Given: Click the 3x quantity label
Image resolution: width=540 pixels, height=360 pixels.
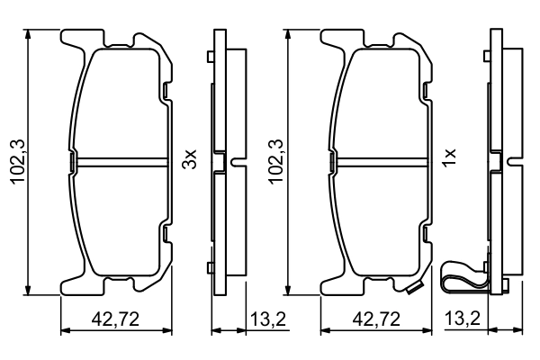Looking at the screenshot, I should (x=189, y=161).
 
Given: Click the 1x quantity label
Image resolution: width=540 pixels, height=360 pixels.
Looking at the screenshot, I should (x=451, y=161).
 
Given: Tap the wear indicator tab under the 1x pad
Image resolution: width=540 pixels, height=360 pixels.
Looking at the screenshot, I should (x=416, y=288).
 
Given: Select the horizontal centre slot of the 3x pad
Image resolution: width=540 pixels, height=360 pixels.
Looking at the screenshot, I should (x=119, y=162).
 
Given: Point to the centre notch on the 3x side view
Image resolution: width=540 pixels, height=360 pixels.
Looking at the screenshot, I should (x=237, y=162).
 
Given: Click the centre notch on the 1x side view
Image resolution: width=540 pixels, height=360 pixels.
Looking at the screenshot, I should (x=514, y=162).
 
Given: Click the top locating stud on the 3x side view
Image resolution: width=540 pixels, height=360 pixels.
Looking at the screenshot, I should (x=209, y=58).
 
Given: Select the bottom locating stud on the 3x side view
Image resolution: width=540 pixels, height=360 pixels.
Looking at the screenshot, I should (x=209, y=265).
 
